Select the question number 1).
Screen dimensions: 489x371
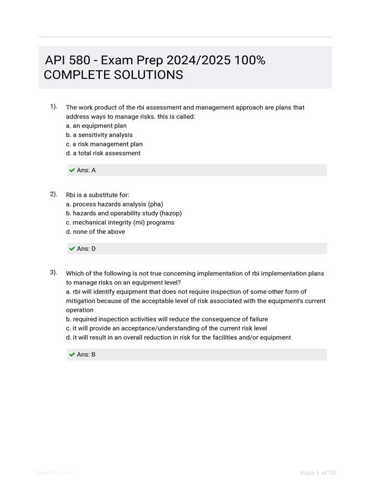(x=54, y=107)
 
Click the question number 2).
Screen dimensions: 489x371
(x=54, y=194)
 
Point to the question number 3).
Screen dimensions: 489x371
(x=54, y=273)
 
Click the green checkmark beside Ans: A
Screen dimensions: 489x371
(x=72, y=171)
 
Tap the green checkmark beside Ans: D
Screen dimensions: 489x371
(x=72, y=249)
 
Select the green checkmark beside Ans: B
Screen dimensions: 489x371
(x=72, y=355)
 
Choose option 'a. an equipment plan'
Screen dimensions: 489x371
(x=96, y=126)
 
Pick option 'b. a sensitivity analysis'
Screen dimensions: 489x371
(x=99, y=135)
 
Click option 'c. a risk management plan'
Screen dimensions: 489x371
(x=104, y=144)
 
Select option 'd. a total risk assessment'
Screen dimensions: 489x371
(x=103, y=153)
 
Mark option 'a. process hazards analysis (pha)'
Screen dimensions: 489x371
(x=114, y=204)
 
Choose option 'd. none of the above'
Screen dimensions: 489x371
(x=96, y=232)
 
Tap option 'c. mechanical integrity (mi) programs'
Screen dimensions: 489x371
(x=120, y=222)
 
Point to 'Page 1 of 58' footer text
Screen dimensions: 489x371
(x=318, y=473)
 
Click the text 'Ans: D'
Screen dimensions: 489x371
(x=86, y=249)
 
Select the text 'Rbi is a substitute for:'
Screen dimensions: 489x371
(x=97, y=195)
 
